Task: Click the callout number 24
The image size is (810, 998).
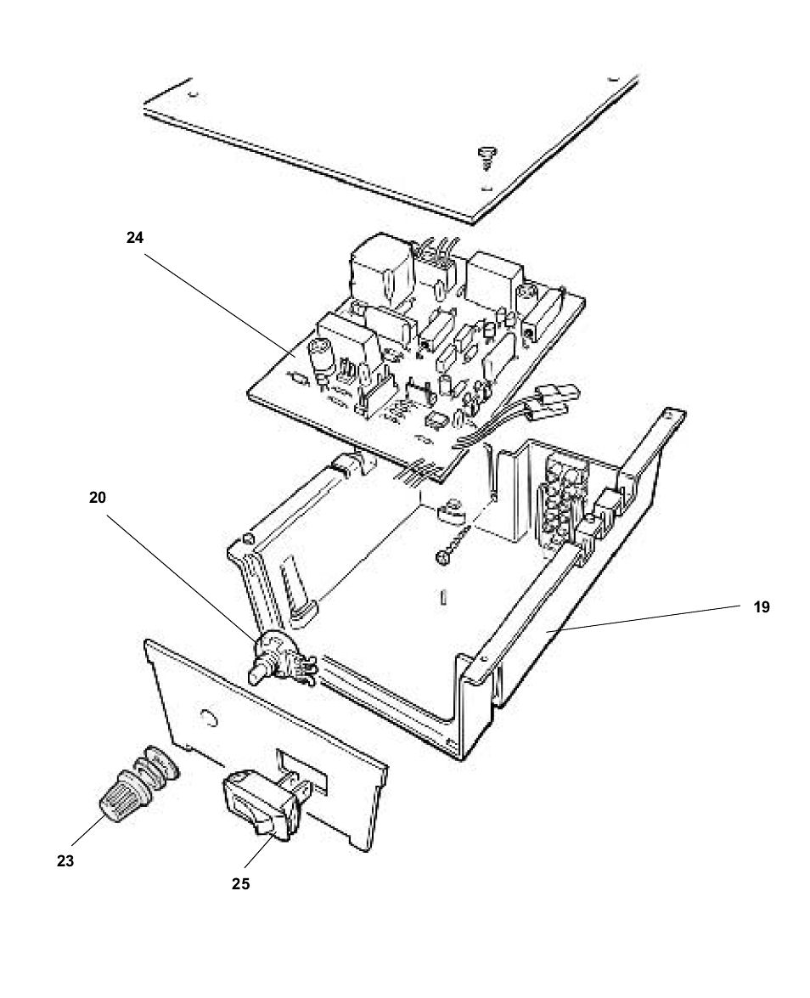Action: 135,238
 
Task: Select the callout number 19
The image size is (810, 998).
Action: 761,607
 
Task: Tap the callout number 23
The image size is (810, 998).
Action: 65,860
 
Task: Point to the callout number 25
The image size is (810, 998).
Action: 240,883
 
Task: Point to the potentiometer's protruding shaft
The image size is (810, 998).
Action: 257,674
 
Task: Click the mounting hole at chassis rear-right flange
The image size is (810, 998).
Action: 671,417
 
